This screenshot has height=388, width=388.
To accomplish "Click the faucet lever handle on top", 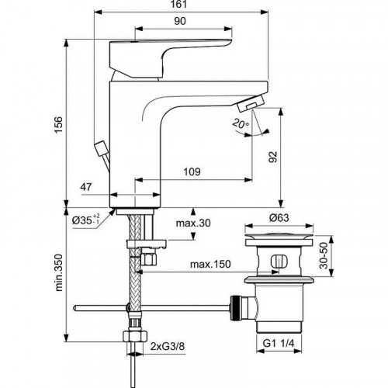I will coord(167,47).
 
